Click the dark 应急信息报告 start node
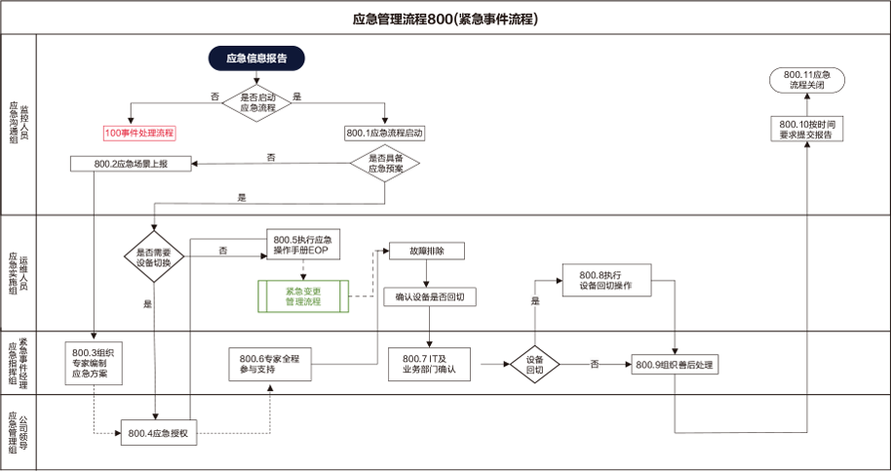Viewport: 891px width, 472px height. (x=256, y=59)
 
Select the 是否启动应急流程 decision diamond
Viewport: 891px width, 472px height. (x=256, y=101)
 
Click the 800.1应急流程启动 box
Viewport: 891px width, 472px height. (x=385, y=132)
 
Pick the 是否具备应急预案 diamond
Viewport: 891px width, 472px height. (x=385, y=163)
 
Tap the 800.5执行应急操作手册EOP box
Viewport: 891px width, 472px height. (x=303, y=245)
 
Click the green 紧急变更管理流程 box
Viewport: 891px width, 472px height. (x=303, y=296)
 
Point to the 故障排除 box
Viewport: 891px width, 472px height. (x=426, y=251)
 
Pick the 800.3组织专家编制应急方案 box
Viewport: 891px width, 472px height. (x=96, y=361)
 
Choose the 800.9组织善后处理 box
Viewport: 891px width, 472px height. (x=675, y=365)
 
